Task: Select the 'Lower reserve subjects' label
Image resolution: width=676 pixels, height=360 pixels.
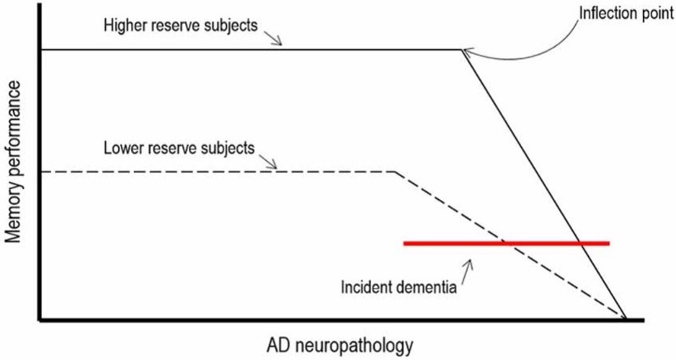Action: (x=177, y=147)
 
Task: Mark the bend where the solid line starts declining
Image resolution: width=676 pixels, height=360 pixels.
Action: (x=462, y=49)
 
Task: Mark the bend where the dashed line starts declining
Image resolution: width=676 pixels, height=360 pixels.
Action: (x=395, y=172)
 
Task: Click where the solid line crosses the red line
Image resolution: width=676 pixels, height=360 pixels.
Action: (x=581, y=243)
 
